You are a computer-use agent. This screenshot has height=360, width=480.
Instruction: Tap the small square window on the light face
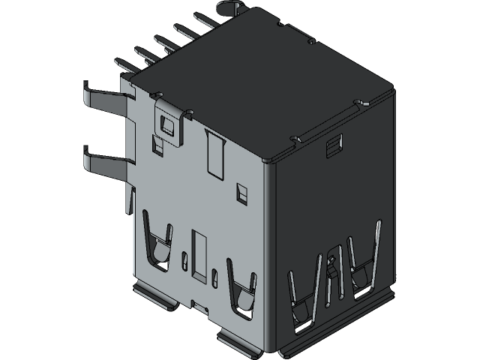click(241, 193)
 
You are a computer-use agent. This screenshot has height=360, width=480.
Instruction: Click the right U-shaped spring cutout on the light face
click(242, 291)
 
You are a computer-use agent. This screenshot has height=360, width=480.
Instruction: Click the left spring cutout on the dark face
click(301, 300)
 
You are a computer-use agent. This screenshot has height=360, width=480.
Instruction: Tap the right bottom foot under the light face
click(240, 342)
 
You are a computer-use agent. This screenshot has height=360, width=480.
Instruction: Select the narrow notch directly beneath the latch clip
click(157, 145)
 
